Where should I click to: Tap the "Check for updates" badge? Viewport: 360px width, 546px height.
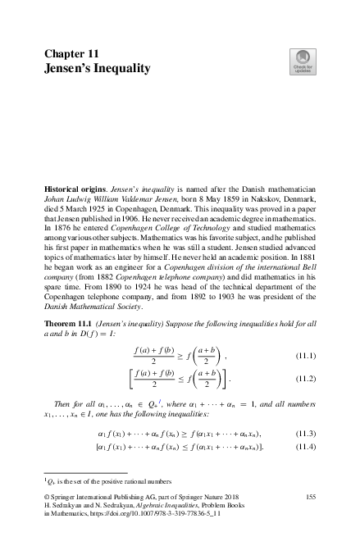tap(303, 62)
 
